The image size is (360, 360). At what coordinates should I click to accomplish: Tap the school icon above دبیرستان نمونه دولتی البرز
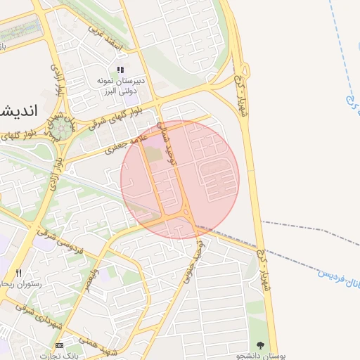pyautogui.click(x=120, y=70)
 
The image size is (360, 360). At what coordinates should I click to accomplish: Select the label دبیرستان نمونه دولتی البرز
pyautogui.click(x=120, y=87)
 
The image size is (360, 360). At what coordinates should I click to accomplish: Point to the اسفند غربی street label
pyautogui.click(x=106, y=39)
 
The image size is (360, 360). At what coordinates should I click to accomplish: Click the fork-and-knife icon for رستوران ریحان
pyautogui.click(x=19, y=273)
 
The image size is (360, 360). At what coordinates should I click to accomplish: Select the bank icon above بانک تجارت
pyautogui.click(x=58, y=345)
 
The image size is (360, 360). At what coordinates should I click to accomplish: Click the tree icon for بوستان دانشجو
pyautogui.click(x=261, y=345)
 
